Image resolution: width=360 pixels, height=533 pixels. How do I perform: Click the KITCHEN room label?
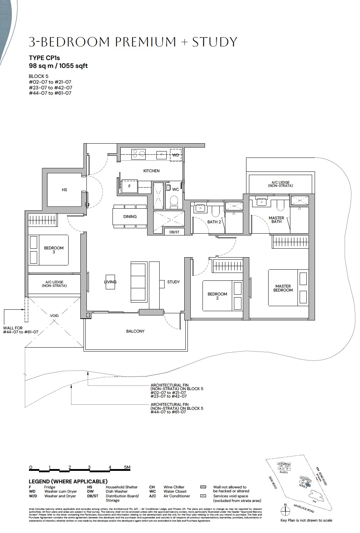point(151,171)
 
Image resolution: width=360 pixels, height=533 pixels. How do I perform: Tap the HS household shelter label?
point(64,190)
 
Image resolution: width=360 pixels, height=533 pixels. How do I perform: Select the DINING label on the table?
point(130,216)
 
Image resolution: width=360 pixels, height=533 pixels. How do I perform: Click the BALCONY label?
point(135,331)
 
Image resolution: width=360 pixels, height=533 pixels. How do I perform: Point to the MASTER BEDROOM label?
point(283,288)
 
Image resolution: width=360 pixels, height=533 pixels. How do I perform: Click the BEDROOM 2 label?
point(217,296)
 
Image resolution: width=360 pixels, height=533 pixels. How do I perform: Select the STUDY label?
point(174,282)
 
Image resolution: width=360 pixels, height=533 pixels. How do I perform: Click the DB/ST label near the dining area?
point(174,232)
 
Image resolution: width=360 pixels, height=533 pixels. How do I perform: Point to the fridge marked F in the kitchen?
point(130,186)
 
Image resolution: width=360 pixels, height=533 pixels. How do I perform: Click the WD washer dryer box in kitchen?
point(176,155)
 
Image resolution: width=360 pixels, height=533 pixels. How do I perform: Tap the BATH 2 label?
point(214,222)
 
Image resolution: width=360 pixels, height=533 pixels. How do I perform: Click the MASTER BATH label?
point(276,220)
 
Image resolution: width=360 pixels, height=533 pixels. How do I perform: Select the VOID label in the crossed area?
point(55,316)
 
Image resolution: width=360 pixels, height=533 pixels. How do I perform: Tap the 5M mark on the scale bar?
point(127,467)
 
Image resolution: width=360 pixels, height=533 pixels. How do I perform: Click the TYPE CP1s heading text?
point(44,58)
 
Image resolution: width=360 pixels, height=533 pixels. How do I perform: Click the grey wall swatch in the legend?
point(204,487)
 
